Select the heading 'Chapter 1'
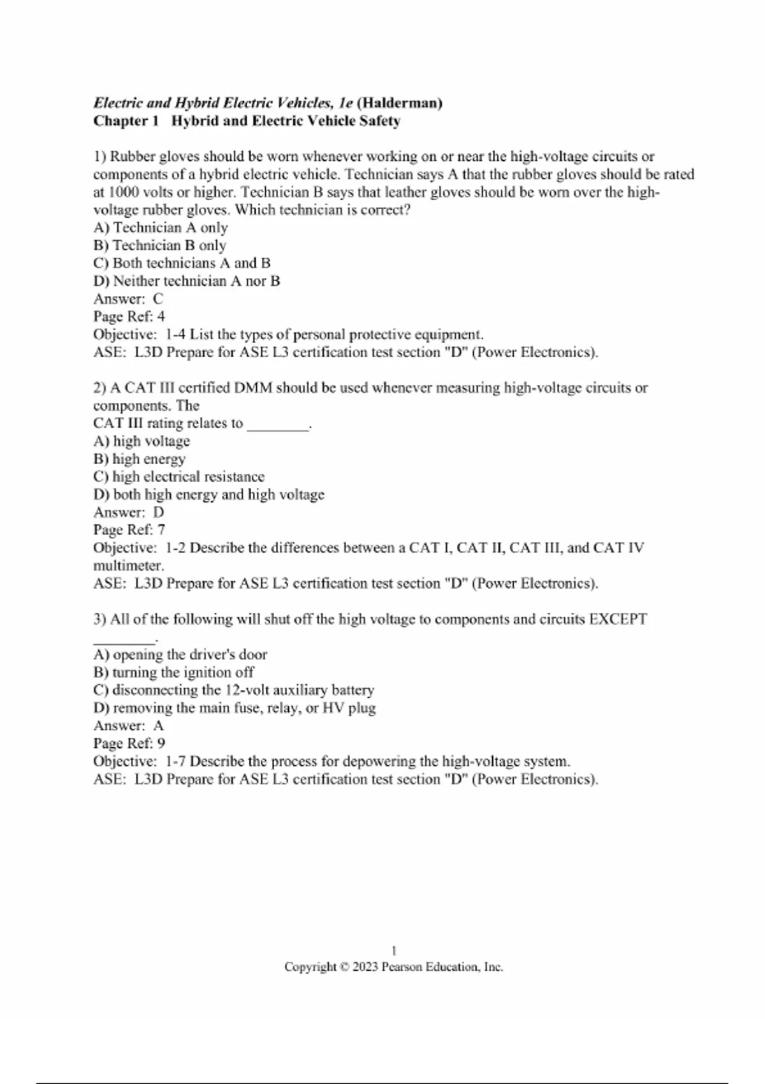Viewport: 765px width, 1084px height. [126, 121]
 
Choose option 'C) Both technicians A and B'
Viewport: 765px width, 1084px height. [182, 263]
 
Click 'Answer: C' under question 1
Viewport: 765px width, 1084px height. [128, 298]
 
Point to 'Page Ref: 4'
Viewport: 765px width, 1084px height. [129, 316]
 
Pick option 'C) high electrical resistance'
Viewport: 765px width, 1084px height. [178, 477]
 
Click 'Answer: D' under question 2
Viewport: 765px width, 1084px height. [128, 512]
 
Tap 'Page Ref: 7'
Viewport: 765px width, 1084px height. [129, 530]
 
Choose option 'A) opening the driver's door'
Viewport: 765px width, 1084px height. [180, 654]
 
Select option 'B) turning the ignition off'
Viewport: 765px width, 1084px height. [173, 672]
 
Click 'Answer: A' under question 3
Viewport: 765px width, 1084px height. [128, 726]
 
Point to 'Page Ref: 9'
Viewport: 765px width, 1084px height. [129, 743]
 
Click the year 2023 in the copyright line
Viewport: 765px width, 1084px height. [365, 967]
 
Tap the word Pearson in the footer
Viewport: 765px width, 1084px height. [402, 967]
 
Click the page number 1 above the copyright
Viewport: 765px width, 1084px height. [394, 951]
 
